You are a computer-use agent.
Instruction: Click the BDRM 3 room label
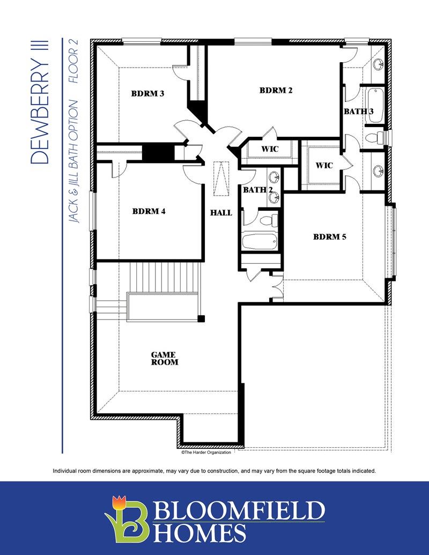(147, 94)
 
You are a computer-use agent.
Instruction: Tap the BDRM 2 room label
(276, 90)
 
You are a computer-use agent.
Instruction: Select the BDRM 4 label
(149, 211)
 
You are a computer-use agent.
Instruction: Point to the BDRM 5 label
(330, 237)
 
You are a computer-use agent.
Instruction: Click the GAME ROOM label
(165, 358)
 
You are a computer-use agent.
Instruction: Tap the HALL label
(221, 213)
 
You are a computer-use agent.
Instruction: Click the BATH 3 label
(359, 112)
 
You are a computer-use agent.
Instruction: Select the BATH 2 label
(258, 190)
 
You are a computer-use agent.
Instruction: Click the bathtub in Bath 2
(260, 242)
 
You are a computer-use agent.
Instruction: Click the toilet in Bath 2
(269, 221)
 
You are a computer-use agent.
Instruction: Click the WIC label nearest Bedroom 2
(270, 149)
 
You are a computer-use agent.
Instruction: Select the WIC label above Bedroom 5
(324, 165)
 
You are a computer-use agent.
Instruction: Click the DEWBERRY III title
(40, 101)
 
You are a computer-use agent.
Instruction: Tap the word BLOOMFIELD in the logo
(239, 510)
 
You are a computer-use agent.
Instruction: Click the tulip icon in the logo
(119, 502)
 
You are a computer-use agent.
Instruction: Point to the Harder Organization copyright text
(206, 453)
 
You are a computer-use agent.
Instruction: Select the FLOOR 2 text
(73, 61)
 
